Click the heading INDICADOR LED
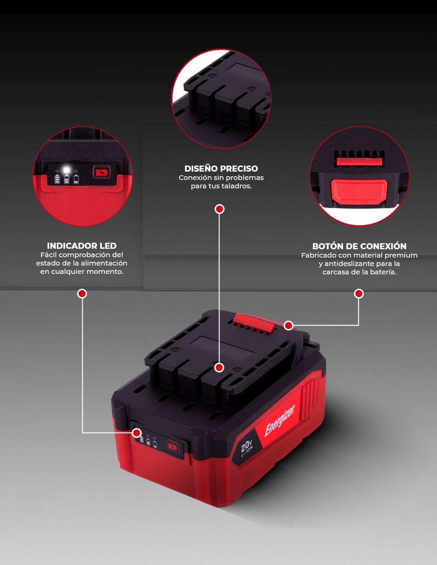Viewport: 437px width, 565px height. pos(81,246)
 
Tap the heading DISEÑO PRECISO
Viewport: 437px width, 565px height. pos(221,168)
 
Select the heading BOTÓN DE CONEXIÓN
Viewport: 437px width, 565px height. pos(359,246)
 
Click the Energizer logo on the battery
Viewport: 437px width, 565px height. pos(279,420)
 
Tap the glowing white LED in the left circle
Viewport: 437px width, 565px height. pos(67,170)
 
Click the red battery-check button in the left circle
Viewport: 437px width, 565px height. pos(102,173)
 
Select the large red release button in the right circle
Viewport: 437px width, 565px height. pos(359,192)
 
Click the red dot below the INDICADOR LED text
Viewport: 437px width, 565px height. pos(82,294)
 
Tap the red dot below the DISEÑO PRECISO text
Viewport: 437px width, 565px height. pos(219,209)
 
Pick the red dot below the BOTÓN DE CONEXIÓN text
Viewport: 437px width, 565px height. pos(359,294)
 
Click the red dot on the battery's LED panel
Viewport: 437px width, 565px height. pos(137,433)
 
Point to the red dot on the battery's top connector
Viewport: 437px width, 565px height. pos(219,368)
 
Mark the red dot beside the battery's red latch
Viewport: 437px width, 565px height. pos(288,325)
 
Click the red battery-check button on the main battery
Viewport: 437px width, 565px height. pos(173,447)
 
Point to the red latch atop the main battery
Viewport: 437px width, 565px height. pos(253,322)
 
